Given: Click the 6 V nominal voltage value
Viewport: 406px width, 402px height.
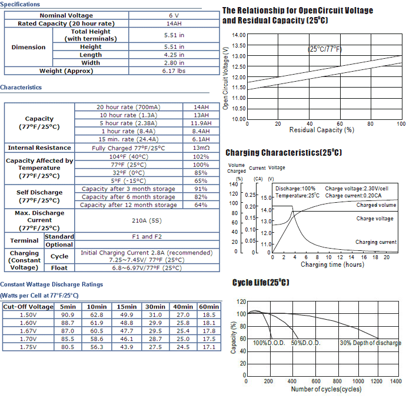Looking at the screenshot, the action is tap(174, 15).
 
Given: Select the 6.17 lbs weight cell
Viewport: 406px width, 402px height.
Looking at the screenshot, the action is tap(174, 71).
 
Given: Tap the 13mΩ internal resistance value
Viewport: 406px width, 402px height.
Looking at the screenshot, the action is tap(201, 148).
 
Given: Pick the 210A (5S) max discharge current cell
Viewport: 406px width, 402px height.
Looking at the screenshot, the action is tap(147, 220).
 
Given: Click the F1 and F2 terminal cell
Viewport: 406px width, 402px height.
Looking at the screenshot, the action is tap(147, 237).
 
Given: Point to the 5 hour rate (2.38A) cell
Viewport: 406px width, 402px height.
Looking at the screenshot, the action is tap(128, 123).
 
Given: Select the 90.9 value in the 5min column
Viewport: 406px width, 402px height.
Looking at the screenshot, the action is tap(68, 315).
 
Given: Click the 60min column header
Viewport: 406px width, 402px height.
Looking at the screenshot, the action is tap(209, 307).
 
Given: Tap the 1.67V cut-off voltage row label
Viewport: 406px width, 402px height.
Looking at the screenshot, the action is tap(28, 331).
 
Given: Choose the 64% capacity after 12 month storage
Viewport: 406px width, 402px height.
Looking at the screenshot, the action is tap(201, 205).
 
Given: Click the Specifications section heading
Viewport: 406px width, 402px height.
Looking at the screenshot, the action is tap(20, 4).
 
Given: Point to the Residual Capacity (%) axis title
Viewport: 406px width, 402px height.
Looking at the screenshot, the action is tap(322, 130).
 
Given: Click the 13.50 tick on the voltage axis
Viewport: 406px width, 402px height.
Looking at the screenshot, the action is tap(239, 45).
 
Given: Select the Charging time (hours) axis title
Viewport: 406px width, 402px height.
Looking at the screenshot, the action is tap(332, 264).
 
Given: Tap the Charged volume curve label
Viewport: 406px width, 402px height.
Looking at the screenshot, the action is tap(376, 205).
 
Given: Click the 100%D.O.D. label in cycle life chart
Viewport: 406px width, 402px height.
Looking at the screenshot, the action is tap(269, 343).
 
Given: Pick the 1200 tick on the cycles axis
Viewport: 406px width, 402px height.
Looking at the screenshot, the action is tap(376, 381).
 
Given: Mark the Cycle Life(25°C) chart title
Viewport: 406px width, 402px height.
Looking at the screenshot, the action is tap(261, 283).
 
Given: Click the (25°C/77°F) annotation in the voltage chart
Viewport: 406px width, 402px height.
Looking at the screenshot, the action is tap(325, 49).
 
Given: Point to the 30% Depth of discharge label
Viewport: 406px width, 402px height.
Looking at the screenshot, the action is tap(371, 343).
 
